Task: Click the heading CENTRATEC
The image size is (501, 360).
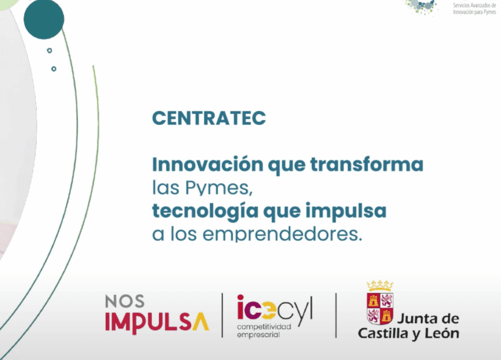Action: point(209,118)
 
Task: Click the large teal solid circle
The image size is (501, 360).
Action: point(44,19)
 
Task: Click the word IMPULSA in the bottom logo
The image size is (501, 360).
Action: point(157,322)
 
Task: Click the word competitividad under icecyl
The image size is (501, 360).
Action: point(264,326)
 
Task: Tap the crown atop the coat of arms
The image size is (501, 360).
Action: point(380,285)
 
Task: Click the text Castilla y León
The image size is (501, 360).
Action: point(408,334)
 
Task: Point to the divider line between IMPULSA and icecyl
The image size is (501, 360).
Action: point(223,315)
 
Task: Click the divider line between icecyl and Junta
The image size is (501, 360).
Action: point(336,315)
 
